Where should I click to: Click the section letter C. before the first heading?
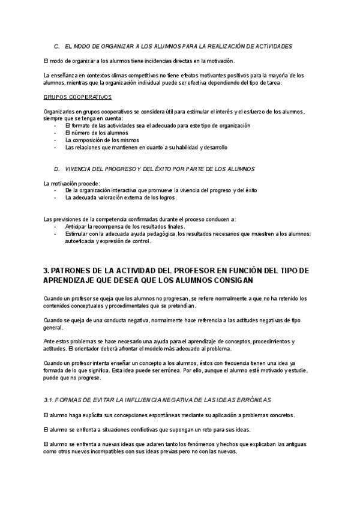click(56, 46)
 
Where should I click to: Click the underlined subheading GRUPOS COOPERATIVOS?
click(77, 97)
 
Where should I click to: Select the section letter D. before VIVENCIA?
click(56, 169)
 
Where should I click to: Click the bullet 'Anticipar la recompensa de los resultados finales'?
click(125, 226)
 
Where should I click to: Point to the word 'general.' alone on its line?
click(53, 328)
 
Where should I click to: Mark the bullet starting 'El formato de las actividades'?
click(157, 125)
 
